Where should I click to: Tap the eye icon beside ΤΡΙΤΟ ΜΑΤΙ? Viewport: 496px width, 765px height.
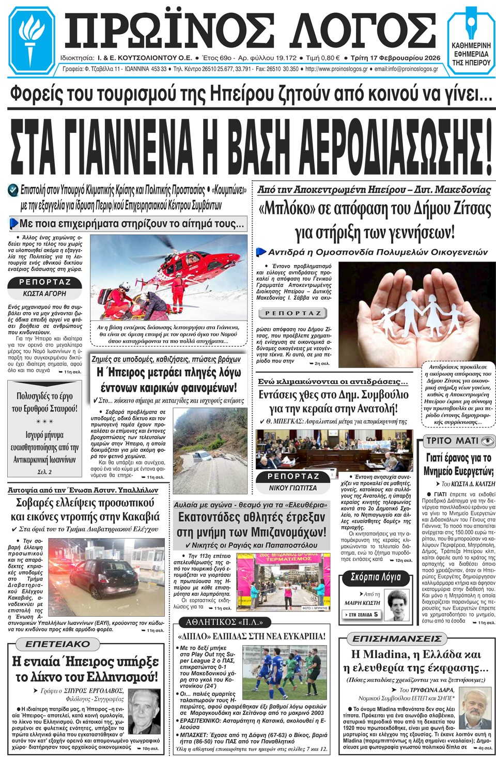click(487, 441)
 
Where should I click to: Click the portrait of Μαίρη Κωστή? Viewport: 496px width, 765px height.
click(397, 605)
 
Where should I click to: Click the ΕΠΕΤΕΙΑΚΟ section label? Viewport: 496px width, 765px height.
click(57, 644)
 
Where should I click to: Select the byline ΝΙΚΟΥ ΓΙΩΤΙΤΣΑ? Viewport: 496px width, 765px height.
click(293, 487)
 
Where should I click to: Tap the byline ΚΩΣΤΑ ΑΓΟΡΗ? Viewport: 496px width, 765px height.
click(45, 293)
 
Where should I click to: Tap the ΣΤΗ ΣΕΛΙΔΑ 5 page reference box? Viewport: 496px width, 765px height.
click(362, 615)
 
